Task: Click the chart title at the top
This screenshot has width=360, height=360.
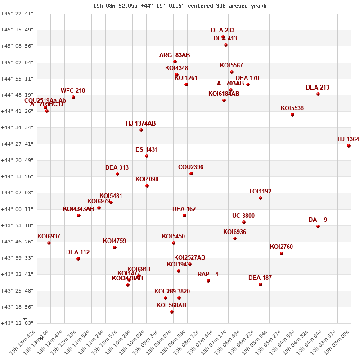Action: [x=180, y=6]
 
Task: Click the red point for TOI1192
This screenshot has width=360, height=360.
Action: [x=261, y=198]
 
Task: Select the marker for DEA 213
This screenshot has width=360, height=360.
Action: [x=318, y=94]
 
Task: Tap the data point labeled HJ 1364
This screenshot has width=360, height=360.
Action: [x=349, y=146]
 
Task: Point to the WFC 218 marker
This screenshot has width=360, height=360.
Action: [x=73, y=97]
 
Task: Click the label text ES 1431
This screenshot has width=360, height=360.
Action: [x=147, y=150]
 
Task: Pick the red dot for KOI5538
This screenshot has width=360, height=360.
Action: [x=292, y=115]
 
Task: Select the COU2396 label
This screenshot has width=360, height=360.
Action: [x=191, y=167]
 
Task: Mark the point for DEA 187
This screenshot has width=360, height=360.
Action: [x=261, y=284]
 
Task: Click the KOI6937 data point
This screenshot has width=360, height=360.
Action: [x=49, y=243]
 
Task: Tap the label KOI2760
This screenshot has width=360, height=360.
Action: [x=281, y=247]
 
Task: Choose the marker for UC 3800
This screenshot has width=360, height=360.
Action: [x=244, y=222]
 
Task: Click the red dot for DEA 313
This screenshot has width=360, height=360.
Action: [x=117, y=174]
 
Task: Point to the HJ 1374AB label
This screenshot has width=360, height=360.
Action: [x=141, y=124]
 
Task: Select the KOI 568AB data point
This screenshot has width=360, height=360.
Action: [x=172, y=312]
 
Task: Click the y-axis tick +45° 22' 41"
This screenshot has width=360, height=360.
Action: [x=17, y=13]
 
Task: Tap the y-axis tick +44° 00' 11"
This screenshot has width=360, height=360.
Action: [x=17, y=209]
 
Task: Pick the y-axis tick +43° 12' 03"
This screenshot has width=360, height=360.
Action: [x=17, y=323]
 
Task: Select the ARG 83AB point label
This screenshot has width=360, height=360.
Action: [x=175, y=55]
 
